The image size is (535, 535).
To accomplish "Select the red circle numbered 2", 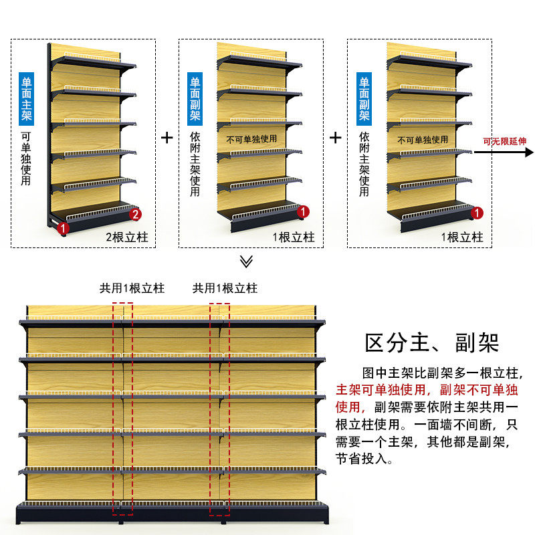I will click(135, 215).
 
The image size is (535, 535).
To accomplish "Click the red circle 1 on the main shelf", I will click(63, 228).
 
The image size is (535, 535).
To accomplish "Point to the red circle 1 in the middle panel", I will click(304, 212).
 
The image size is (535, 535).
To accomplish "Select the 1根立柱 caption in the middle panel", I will click(294, 237).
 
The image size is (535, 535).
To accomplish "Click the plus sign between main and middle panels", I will click(167, 138).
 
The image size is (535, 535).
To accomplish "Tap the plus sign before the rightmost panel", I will click(336, 138).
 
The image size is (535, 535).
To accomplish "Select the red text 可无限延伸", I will click(505, 141).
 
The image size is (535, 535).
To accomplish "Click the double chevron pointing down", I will click(246, 261).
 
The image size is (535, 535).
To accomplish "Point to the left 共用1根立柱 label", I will click(132, 288).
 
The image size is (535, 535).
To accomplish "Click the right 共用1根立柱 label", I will click(225, 288).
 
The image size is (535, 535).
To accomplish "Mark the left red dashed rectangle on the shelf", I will click(122, 409).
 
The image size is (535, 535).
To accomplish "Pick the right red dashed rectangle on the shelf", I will click(219, 409).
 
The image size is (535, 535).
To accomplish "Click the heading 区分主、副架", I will click(432, 343).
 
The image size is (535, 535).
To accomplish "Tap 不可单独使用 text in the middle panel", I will click(251, 139).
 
